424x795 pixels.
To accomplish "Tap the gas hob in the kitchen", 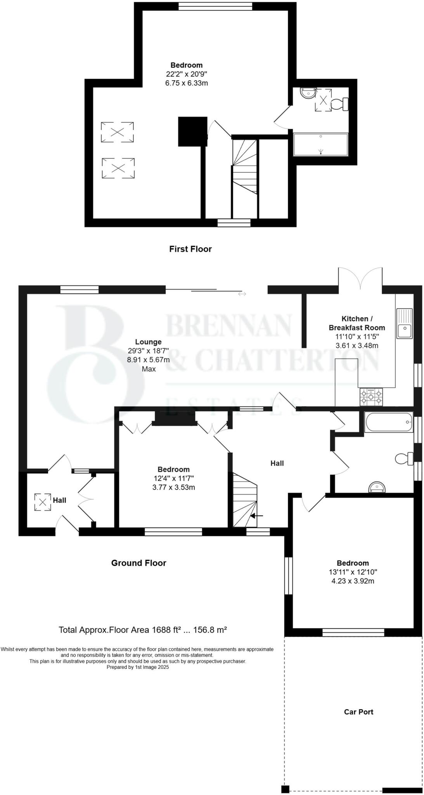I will [x=371, y=397].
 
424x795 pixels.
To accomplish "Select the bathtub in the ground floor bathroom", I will [x=388, y=422].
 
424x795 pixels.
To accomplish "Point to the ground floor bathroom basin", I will [x=376, y=487].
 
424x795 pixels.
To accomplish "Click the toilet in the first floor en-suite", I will [x=339, y=104].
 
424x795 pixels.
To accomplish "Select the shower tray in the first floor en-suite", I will [x=320, y=144].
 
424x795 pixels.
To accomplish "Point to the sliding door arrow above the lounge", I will [x=242, y=294].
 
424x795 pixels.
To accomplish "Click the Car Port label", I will [x=358, y=712].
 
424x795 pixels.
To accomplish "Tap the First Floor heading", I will [x=190, y=249].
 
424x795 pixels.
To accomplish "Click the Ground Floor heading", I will [x=138, y=563].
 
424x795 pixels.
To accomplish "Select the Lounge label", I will [x=148, y=342].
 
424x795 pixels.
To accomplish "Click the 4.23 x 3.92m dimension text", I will [x=352, y=581].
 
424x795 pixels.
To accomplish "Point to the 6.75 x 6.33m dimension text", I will [x=186, y=83].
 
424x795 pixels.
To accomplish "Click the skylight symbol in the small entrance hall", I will [x=42, y=502].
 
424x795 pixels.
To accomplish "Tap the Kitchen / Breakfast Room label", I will [x=357, y=323].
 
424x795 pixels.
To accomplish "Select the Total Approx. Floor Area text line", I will [x=142, y=630].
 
